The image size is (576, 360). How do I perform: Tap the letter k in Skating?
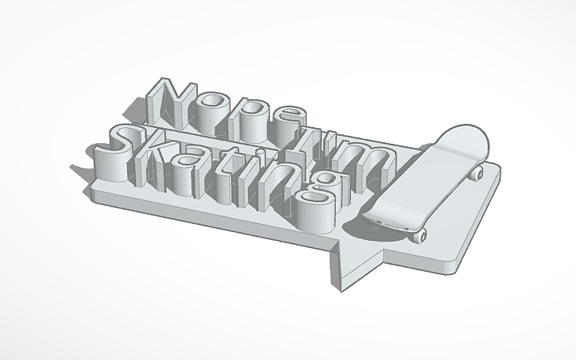point(158,159)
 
